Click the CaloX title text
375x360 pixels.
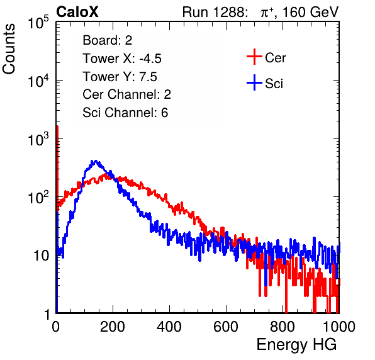coord(77,12)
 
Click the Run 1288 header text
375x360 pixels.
coord(215,12)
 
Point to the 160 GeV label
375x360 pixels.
coord(311,12)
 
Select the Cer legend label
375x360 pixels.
coord(275,58)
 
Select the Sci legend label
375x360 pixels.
coord(274,84)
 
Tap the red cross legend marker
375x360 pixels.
coord(254,57)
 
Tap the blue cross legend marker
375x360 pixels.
coord(254,82)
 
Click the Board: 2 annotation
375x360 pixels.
coord(108,40)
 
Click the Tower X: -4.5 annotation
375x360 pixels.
coord(122,59)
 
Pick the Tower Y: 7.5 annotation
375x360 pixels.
coord(120,77)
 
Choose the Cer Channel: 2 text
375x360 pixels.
coord(126,94)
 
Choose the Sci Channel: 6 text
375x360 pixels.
coord(125,113)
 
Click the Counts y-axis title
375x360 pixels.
coord(9,49)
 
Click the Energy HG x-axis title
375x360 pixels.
coord(296,345)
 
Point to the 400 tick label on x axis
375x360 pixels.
coord(169,327)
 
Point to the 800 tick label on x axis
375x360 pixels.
coord(283,327)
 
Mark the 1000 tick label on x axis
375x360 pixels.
coord(339,327)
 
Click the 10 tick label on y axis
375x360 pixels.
coord(42,256)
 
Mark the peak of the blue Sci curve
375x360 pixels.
coord(96,160)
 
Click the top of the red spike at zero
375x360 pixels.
coord(57,127)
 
